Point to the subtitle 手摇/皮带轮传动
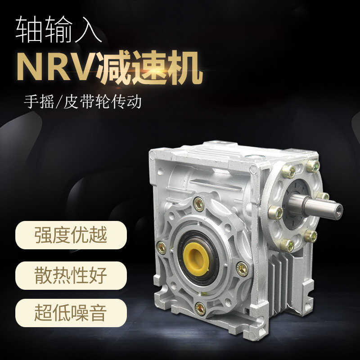pos(83,102)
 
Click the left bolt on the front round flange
pos(161,247)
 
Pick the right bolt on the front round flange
pos(242,268)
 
